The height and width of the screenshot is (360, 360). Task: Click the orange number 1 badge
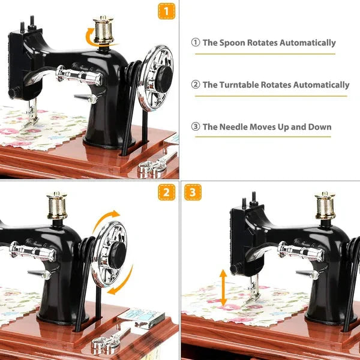(x=167, y=11)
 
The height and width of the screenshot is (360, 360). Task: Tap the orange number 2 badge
(x=167, y=192)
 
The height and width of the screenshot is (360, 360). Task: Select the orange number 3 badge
(x=193, y=192)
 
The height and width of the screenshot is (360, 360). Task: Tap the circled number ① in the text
(x=195, y=43)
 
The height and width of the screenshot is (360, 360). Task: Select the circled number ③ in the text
(x=195, y=127)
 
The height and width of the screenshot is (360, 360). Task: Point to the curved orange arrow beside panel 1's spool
(x=91, y=38)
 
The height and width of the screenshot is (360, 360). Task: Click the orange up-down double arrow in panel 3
(x=223, y=288)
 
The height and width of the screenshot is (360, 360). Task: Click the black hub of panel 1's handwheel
(x=162, y=75)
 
